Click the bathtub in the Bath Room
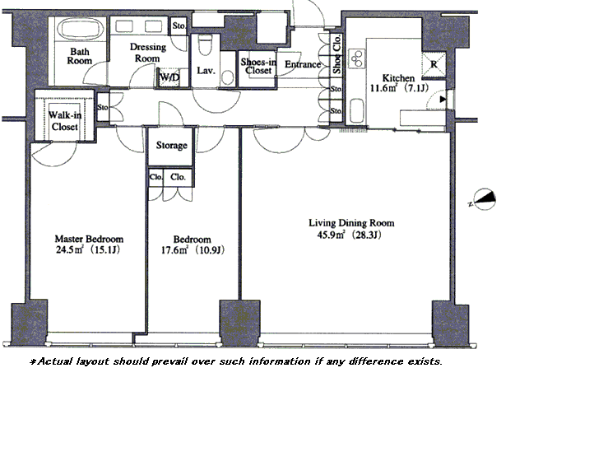[81, 29]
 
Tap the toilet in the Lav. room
[205, 47]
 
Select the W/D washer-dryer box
[169, 77]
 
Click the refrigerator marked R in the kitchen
[434, 64]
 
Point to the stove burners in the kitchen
[357, 58]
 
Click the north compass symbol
[484, 199]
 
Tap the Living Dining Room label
[351, 223]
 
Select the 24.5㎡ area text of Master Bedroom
[69, 249]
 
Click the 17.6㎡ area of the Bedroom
[174, 250]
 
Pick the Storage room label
[172, 145]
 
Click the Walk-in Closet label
[65, 121]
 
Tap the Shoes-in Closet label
[258, 66]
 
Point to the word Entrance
[303, 64]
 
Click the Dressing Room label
[148, 53]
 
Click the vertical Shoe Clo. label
[336, 54]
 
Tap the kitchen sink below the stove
[356, 110]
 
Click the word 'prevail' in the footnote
[169, 361]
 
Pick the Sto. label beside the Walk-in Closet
[103, 107]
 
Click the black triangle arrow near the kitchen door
[443, 100]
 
